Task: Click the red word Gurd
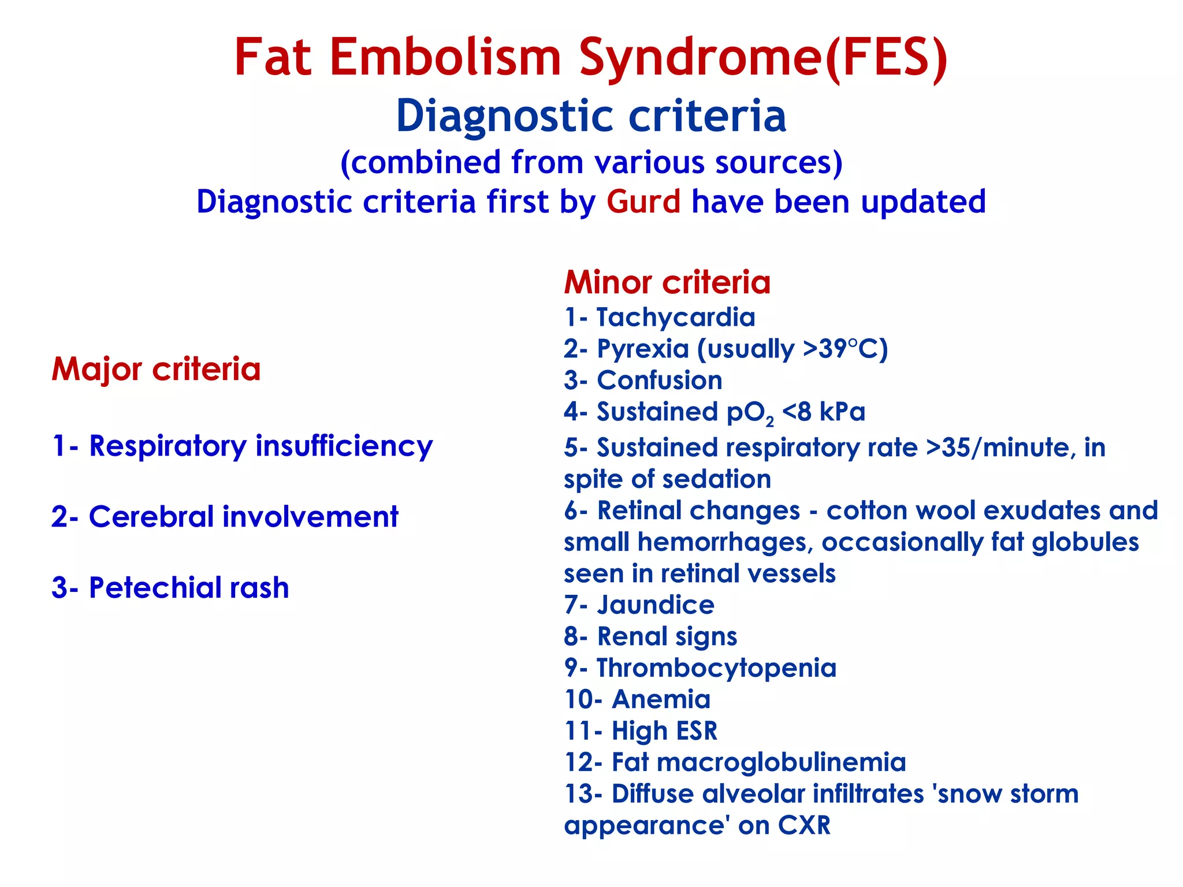[x=643, y=202]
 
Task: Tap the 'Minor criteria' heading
[x=667, y=282]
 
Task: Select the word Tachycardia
[x=675, y=317]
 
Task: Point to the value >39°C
[x=845, y=349]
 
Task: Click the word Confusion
[x=659, y=380]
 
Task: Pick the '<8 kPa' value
[x=823, y=412]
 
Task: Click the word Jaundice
[x=656, y=605]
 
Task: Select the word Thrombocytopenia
[x=716, y=668]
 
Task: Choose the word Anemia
[x=661, y=699]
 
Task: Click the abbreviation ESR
[x=693, y=731]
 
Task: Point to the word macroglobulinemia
[x=781, y=762]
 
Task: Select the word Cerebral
[x=151, y=516]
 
